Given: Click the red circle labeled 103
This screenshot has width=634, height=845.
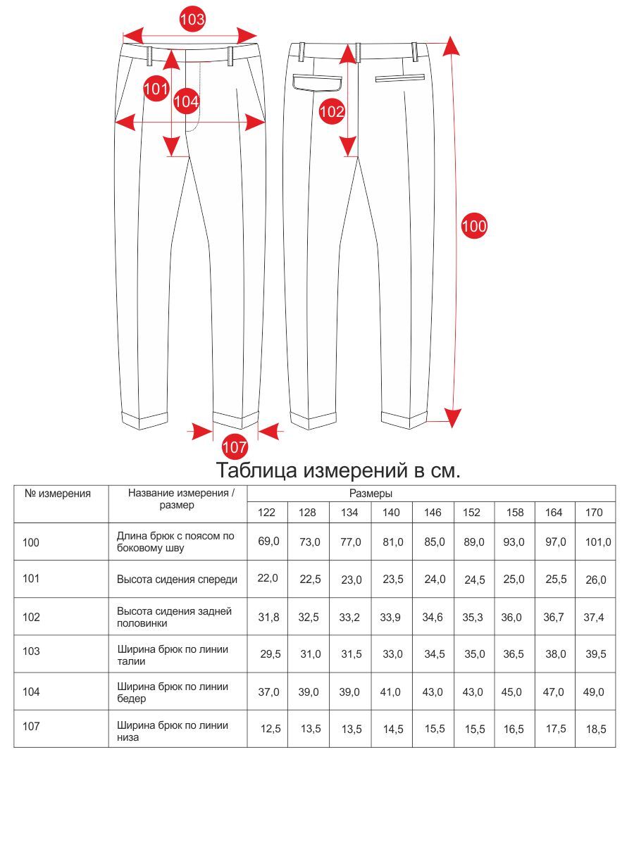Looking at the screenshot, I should point(192,19).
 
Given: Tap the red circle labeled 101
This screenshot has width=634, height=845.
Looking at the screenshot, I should point(156,89).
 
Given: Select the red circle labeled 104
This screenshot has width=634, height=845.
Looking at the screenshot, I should point(187,101).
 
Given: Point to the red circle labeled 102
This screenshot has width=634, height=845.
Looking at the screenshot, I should point(332,111).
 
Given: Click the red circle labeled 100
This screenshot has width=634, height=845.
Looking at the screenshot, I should point(474,226).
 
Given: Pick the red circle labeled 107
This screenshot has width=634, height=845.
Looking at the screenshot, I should point(235,446).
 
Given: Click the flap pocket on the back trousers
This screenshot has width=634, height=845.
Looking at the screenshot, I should point(317,82).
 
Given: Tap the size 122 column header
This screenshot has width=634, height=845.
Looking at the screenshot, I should point(267,512).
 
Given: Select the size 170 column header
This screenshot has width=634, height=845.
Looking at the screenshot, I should point(595,512).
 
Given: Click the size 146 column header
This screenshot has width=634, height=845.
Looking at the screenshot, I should point(433,512).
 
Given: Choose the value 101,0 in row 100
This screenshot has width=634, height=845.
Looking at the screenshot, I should point(598,542).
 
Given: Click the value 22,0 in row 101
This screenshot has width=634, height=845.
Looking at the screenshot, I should point(268,578).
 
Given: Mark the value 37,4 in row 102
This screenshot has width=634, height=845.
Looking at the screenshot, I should point(594,617).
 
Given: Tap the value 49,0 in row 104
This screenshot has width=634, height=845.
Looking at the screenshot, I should point(594,692).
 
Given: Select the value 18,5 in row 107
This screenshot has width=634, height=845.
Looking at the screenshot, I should point(595,730).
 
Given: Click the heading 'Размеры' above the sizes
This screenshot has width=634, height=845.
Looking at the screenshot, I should point(371,494).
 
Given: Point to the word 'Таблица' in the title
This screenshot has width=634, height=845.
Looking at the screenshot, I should point(256,470).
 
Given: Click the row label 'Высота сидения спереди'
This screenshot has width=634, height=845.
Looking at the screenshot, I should point(177,580).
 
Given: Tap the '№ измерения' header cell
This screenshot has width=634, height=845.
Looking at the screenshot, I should point(58,494).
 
